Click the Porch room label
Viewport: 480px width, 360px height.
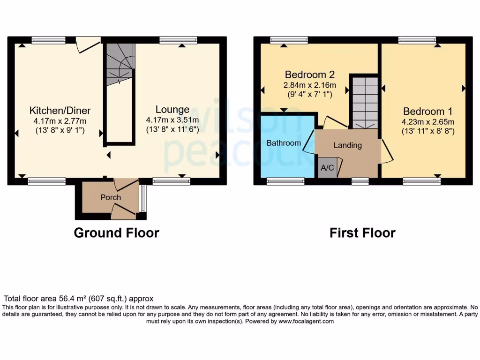[x=111, y=197]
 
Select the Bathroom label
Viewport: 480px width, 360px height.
[x=284, y=143]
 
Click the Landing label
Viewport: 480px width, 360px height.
[x=347, y=145]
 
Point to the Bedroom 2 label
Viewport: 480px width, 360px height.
[x=309, y=75]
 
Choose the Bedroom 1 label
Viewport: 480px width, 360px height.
[x=427, y=112]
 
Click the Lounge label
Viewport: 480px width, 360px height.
[x=172, y=110]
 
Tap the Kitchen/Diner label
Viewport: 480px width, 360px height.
[x=60, y=111]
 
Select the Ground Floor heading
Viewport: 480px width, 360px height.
[x=116, y=232]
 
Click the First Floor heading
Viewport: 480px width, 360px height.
[x=362, y=232]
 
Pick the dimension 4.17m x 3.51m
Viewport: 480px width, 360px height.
[x=172, y=120]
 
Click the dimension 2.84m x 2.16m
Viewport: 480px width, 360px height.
[x=309, y=85]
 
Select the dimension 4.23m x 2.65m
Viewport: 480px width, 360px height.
[x=427, y=122]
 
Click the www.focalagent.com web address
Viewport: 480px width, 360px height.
[x=306, y=322]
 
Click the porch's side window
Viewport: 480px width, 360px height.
[x=143, y=199]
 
